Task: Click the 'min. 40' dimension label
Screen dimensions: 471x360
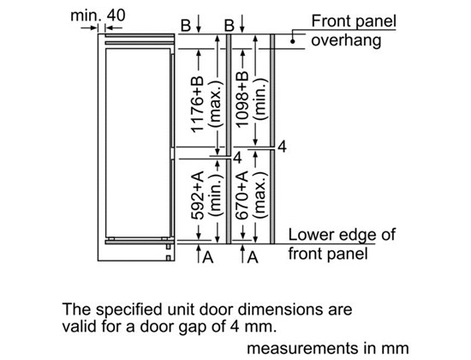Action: pyautogui.click(x=98, y=15)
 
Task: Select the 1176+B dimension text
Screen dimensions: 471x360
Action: pyautogui.click(x=198, y=104)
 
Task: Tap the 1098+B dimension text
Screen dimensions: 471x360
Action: pyautogui.click(x=242, y=99)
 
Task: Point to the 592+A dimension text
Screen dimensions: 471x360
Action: pyautogui.click(x=198, y=195)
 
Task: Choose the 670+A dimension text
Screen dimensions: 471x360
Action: pyautogui.click(x=242, y=195)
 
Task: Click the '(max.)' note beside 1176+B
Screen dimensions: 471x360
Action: pyautogui.click(x=217, y=103)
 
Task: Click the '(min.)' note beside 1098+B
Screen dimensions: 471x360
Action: pyautogui.click(x=260, y=99)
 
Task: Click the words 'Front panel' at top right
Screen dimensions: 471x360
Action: pyautogui.click(x=354, y=21)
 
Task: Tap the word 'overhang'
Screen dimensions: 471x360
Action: pyautogui.click(x=346, y=40)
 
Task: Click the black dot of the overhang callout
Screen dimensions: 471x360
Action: pyautogui.click(x=293, y=41)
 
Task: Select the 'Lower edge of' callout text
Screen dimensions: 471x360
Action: pyautogui.click(x=342, y=235)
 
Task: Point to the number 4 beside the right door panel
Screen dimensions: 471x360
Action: pyautogui.click(x=282, y=147)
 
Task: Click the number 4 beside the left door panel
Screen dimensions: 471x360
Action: pyautogui.click(x=237, y=158)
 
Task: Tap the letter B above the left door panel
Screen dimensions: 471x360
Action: pyautogui.click(x=186, y=26)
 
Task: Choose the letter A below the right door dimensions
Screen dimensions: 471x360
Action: pyautogui.click(x=253, y=257)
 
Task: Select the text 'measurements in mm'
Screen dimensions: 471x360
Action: pyautogui.click(x=328, y=348)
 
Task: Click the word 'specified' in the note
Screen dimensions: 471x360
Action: pyautogui.click(x=130, y=309)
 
